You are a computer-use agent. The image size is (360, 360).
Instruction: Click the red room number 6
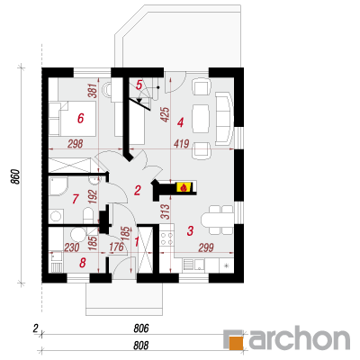tap(80, 118)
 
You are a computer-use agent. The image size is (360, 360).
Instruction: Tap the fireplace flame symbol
tap(184, 187)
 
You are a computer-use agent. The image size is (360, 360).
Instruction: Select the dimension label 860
tap(16, 177)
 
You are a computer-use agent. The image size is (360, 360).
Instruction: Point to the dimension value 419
tap(181, 144)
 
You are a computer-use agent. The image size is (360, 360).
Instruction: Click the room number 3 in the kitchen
tap(190, 230)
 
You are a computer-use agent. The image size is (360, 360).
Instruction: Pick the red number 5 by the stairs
tap(139, 85)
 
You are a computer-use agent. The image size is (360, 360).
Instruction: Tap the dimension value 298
tap(75, 144)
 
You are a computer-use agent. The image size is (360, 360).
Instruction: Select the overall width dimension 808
tap(141, 346)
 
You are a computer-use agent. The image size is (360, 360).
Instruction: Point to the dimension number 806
tap(141, 328)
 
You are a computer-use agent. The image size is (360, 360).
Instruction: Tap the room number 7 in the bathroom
tap(75, 199)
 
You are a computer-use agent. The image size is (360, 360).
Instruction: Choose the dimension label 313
tap(166, 211)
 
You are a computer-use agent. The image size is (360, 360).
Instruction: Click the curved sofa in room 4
tap(224, 119)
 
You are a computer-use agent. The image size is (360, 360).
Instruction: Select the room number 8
tap(82, 263)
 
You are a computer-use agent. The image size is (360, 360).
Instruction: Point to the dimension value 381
tap(93, 90)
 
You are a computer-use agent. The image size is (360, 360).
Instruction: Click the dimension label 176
tap(116, 247)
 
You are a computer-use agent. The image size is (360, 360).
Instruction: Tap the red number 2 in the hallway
tap(137, 190)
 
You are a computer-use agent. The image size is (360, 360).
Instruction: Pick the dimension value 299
tap(206, 247)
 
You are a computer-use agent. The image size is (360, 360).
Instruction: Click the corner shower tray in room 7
tap(58, 186)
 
